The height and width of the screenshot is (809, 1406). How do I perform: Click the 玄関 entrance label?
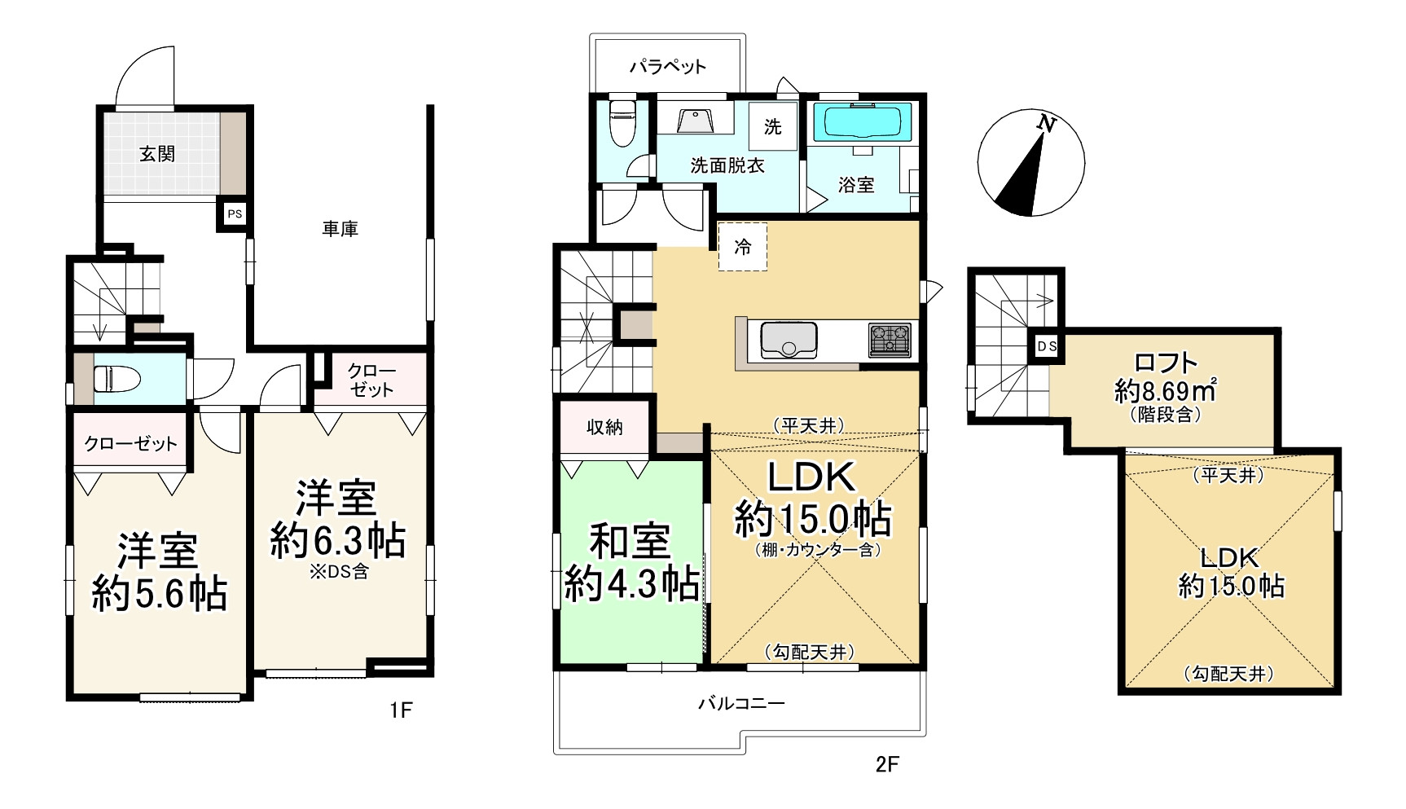(x=157, y=153)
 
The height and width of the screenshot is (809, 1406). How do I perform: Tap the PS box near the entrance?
(x=235, y=214)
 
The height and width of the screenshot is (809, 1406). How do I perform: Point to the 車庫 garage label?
(x=340, y=229)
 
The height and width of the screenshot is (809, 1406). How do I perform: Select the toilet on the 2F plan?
(x=623, y=121)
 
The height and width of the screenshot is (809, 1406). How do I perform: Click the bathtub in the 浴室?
(x=867, y=122)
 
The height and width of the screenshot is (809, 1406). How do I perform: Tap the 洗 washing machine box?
(x=772, y=126)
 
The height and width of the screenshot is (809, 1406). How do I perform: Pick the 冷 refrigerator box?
(x=742, y=246)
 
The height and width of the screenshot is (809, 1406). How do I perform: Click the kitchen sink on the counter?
(x=788, y=339)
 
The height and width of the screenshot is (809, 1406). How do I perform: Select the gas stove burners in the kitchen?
(x=890, y=340)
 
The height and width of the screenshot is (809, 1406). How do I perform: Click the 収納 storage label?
(x=604, y=427)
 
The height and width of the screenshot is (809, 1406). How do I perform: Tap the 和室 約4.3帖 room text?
(x=631, y=562)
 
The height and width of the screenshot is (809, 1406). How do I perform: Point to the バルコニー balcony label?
(x=741, y=703)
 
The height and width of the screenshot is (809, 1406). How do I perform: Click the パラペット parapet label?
(x=667, y=66)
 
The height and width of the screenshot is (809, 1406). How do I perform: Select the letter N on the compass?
(x=1047, y=125)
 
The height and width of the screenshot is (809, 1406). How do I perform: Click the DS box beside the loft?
(x=1047, y=346)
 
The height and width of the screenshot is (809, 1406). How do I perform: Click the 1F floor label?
(x=400, y=710)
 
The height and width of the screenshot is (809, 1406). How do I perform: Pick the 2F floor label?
(x=887, y=764)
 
